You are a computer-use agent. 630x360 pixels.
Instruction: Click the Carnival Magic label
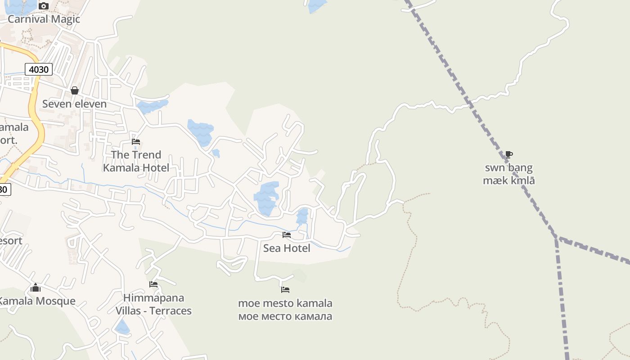tap(44, 19)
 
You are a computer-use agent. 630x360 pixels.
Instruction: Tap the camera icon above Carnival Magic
tap(44, 6)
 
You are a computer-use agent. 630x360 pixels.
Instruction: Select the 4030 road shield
tap(39, 69)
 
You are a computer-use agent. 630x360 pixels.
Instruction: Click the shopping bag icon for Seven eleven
tap(75, 90)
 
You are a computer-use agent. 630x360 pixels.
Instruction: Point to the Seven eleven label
tap(74, 104)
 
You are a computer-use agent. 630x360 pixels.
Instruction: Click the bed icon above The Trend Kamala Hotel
tap(136, 142)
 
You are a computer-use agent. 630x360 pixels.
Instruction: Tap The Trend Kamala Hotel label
tap(136, 161)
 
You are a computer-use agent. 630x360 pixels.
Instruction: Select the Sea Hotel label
tap(287, 248)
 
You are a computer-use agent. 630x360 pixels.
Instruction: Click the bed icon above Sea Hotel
tap(287, 235)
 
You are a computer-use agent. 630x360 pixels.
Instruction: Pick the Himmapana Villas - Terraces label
tap(153, 304)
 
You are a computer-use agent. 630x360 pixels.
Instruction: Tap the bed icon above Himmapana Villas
tap(153, 284)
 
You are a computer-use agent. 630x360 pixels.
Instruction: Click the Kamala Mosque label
tap(37, 301)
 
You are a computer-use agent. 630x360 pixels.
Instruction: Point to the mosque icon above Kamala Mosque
tap(36, 288)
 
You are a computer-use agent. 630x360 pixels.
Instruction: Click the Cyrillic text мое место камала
tap(285, 316)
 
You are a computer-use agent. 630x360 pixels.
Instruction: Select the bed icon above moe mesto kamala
tap(285, 290)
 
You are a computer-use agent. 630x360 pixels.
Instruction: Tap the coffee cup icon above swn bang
tap(509, 154)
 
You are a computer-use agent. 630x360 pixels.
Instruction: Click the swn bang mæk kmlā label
tap(509, 174)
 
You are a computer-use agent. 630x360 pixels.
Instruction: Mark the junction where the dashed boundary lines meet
tap(557, 237)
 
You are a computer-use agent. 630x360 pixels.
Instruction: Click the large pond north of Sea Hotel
tap(266, 198)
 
